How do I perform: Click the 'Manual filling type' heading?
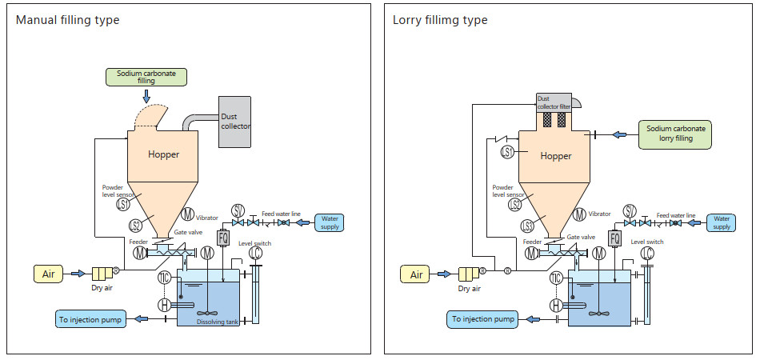(68, 20)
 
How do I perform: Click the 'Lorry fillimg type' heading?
(440, 20)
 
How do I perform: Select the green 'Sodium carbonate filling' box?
(146, 77)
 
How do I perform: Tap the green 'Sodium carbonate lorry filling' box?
(675, 134)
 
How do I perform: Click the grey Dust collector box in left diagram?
(234, 122)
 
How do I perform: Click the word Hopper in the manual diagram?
(163, 154)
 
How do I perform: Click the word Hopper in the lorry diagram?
(556, 156)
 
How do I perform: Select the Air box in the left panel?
(48, 274)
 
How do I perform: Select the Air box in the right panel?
(416, 274)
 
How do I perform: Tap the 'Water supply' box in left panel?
(330, 222)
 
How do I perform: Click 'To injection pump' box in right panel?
(482, 319)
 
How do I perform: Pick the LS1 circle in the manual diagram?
(123, 204)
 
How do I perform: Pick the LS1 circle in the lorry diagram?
(506, 152)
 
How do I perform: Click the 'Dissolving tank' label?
(218, 322)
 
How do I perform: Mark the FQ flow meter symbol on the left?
(223, 238)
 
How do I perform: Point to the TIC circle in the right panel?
(556, 278)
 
